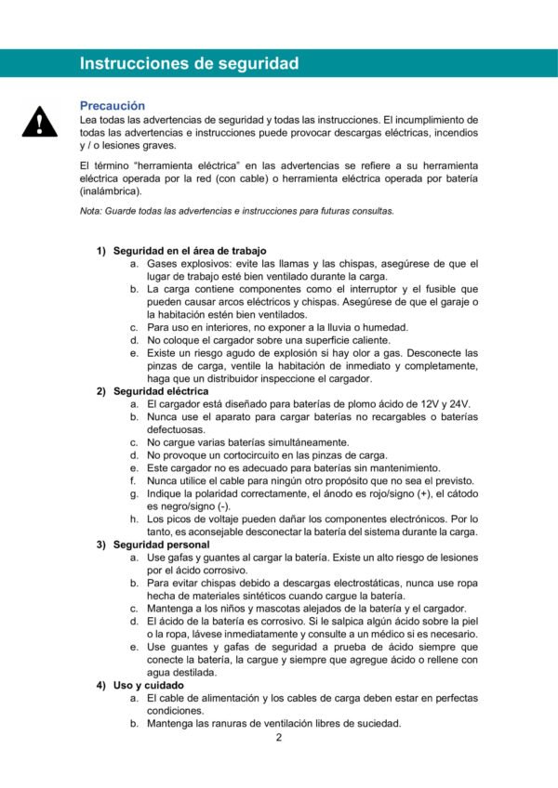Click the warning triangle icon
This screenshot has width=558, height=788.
[39, 122]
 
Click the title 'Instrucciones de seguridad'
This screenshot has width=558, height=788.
[189, 63]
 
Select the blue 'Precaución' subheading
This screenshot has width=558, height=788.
[113, 106]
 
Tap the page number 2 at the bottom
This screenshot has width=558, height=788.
[278, 738]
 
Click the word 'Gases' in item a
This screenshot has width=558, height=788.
[163, 264]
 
